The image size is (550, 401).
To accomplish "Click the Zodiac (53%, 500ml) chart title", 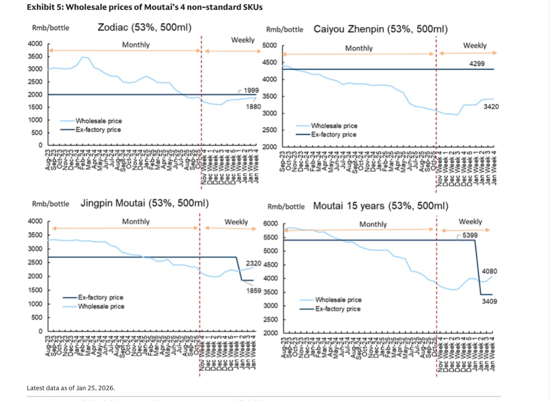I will point(145,27).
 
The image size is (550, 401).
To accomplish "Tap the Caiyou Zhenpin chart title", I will point(380,29).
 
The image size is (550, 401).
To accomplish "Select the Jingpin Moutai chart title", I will point(145,203).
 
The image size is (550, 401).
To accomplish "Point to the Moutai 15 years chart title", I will point(381,206).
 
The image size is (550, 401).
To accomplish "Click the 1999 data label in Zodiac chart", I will point(251,90).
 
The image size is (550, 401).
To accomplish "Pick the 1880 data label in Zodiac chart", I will point(253,107).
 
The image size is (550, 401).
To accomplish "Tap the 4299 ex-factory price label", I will point(477,64).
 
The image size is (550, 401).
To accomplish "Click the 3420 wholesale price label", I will point(491,107).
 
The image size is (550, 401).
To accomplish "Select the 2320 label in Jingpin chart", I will point(253,263).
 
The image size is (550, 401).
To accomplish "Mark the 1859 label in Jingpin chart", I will point(253,291).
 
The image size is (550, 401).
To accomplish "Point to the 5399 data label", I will point(470,235).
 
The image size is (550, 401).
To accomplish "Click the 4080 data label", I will point(489,271).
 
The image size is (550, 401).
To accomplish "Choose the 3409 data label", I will point(489,301).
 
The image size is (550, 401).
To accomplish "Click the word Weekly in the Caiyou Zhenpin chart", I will point(475,46).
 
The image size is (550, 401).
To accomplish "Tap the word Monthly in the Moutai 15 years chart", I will point(373,224).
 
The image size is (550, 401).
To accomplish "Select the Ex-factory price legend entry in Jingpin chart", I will point(100,297).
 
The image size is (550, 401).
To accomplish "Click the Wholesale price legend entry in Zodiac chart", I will point(99,121).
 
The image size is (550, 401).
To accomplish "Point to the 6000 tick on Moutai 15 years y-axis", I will point(270,223).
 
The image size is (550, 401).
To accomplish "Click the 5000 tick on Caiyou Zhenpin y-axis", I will point(270,45).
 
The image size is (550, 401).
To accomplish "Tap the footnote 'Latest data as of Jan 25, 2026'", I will point(71,388).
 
